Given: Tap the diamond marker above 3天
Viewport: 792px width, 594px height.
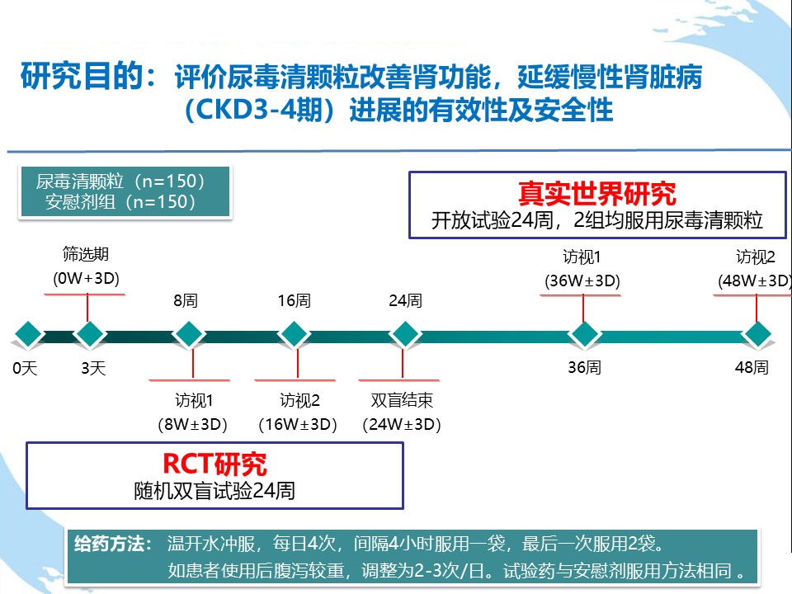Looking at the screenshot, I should (88, 334).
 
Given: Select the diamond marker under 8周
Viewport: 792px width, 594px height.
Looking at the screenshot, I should (189, 334).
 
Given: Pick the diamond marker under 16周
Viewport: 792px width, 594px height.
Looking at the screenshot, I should (293, 334).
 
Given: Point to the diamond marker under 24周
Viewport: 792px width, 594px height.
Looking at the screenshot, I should (404, 334).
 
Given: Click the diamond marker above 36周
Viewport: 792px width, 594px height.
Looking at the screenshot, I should (584, 334).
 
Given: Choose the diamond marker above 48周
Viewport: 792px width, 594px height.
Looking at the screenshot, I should (757, 334).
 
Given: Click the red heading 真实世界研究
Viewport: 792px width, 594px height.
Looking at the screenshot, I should (596, 193).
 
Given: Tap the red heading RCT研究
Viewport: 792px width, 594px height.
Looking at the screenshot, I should (214, 464).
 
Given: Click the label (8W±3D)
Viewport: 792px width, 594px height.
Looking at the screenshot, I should (192, 425).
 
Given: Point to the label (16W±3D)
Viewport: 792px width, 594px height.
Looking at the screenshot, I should (298, 425).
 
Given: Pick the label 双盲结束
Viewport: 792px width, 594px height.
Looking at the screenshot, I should (402, 401).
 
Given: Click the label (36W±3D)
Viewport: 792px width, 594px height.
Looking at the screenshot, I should (582, 280).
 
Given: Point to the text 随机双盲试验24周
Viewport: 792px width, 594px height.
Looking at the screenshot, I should (214, 491).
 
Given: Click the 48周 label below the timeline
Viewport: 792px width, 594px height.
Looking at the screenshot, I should (752, 367).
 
